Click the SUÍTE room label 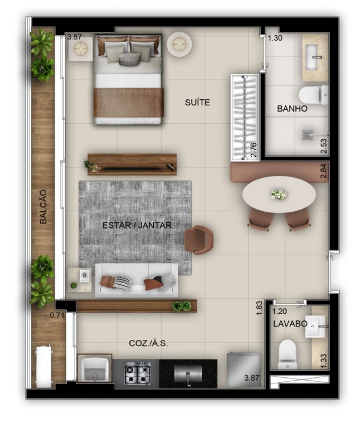197,103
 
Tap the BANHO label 292,109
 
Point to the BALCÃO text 43,207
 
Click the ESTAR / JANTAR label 137,225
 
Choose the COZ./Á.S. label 148,344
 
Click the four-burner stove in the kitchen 137,373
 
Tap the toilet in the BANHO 313,94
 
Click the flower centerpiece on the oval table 278,194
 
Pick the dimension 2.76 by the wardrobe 254,150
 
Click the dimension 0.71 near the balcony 57,315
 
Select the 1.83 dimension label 259,308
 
